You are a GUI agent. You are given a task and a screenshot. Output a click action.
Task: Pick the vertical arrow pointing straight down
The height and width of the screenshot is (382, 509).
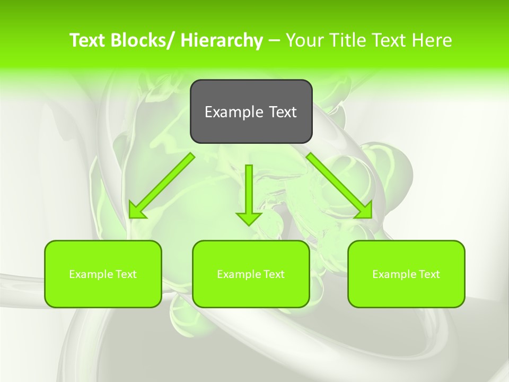pos(249,191)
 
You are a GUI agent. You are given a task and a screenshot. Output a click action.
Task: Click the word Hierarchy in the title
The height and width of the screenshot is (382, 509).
pos(221,40)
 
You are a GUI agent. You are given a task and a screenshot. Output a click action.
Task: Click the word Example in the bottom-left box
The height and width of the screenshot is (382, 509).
pos(89,274)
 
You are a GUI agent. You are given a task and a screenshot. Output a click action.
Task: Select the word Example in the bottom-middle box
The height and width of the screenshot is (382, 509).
pos(236,274)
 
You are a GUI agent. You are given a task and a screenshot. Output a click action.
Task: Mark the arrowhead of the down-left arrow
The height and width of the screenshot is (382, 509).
pos(136,210)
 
